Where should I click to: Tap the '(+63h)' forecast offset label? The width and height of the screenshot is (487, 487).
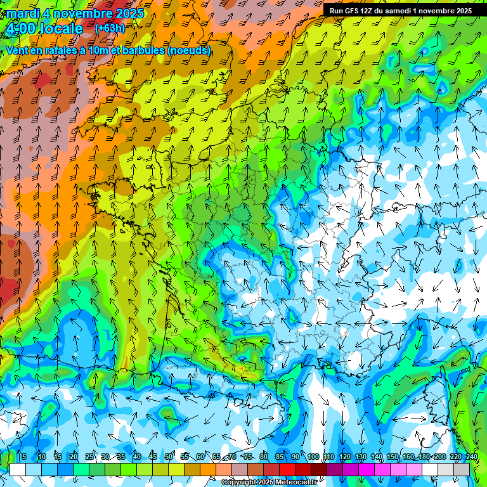[x=110, y=28]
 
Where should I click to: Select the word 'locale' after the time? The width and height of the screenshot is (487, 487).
[x=61, y=29]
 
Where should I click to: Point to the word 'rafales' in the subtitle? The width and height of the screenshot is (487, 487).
[x=61, y=50]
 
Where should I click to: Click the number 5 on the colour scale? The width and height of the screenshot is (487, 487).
[x=23, y=457]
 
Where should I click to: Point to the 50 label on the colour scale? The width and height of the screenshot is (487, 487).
[x=169, y=457]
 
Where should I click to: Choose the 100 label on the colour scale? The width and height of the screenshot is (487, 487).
[x=313, y=457]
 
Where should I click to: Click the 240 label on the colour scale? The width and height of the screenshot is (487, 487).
[x=472, y=457]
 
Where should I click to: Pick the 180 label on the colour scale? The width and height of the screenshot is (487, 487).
[x=424, y=457]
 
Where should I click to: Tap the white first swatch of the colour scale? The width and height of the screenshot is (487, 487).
[x=18, y=469]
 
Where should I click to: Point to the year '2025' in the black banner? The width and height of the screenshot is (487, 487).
[x=461, y=11]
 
